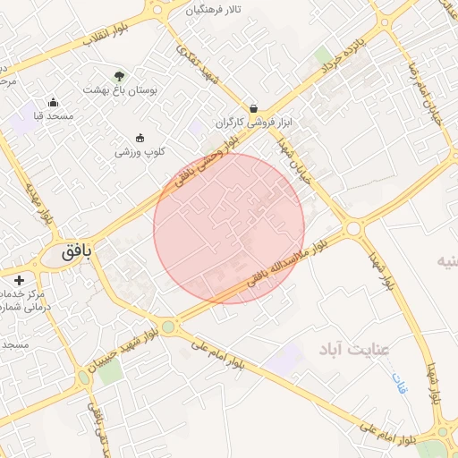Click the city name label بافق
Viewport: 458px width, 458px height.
tap(77, 253)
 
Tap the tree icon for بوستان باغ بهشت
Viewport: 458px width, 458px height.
tap(120, 74)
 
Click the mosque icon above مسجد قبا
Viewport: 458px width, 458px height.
tap(53, 102)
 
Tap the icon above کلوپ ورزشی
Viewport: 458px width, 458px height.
tap(140, 137)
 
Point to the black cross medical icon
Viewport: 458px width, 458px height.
tap(20, 280)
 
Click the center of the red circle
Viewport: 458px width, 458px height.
tap(229, 228)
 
